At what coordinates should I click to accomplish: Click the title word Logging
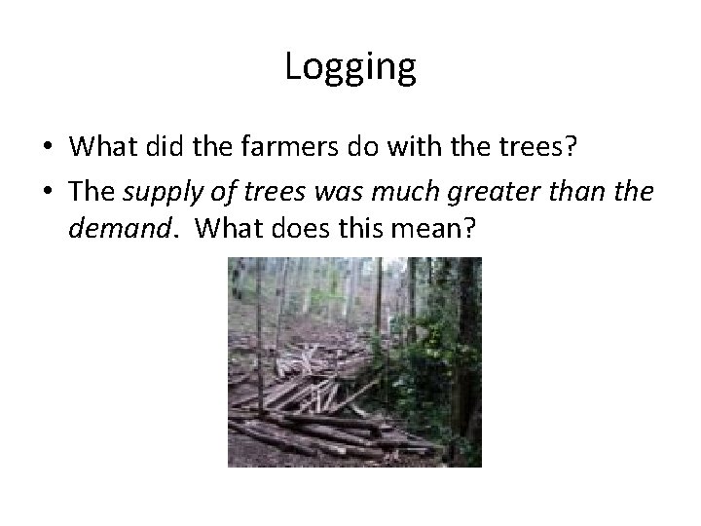(x=350, y=67)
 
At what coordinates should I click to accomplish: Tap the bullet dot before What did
(x=47, y=146)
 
